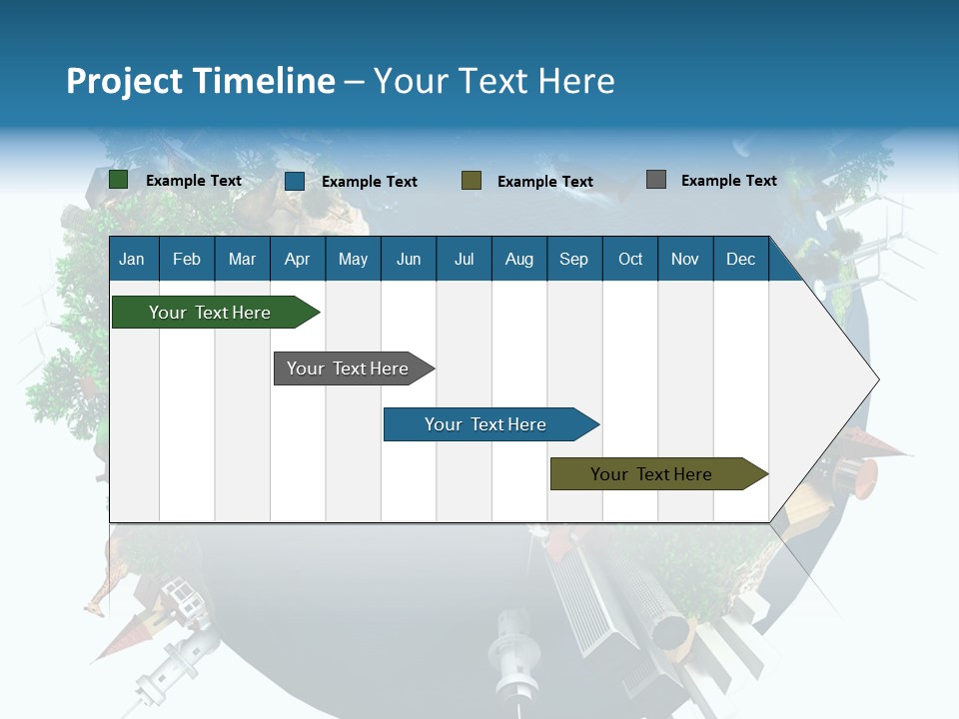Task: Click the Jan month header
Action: tap(132, 260)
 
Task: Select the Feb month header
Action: tap(187, 260)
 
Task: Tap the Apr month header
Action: tap(298, 260)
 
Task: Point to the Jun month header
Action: tap(409, 260)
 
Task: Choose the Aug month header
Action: tap(519, 260)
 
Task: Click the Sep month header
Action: tap(574, 260)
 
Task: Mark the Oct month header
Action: tap(630, 260)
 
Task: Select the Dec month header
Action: tap(741, 260)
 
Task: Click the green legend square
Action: tap(119, 180)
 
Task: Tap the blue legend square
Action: tap(295, 181)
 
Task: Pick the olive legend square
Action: tap(472, 180)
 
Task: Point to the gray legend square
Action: tap(656, 180)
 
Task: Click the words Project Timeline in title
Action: tap(201, 81)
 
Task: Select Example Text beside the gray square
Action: tap(729, 180)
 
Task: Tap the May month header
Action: tap(353, 260)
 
